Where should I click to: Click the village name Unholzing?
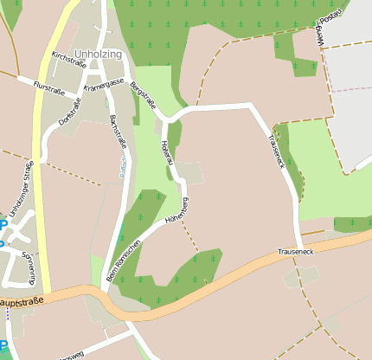pos(99,54)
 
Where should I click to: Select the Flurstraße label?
pos(49,87)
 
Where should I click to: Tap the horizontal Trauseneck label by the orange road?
pos(295,251)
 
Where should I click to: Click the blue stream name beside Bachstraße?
pos(122,164)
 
